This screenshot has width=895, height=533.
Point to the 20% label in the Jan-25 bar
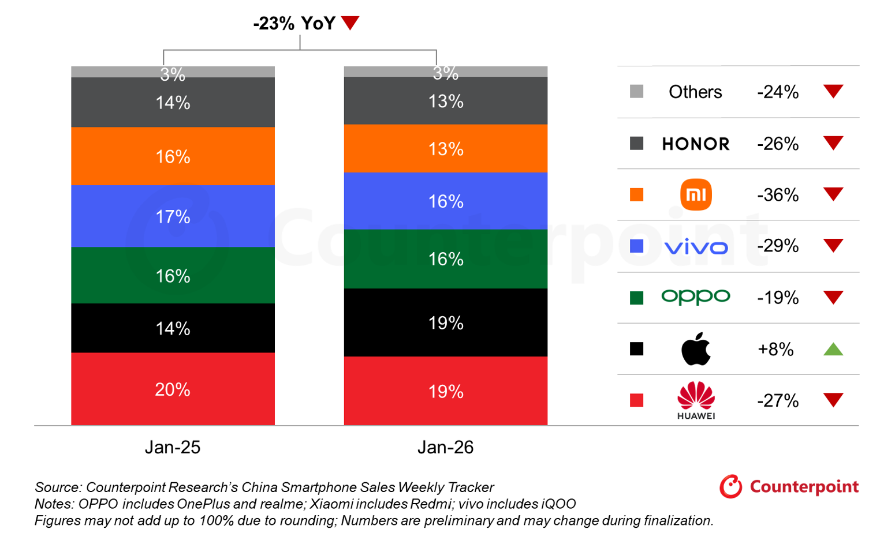pos(173,389)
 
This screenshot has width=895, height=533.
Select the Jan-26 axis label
pos(445,447)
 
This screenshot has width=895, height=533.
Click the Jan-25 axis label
pos(173,447)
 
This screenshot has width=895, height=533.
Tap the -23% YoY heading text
pos(294,23)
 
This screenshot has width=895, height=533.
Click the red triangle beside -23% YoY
pos(350,22)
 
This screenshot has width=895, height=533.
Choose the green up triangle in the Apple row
pos(833,349)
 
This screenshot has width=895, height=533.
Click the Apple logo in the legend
pos(696,348)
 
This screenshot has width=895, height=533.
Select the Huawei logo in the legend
pos(696,400)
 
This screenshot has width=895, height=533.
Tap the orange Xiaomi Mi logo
pos(696,194)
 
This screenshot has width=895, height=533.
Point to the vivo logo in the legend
pos(696,247)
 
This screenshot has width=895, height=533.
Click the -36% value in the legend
pos(778,195)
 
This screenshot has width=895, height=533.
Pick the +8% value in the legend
pos(775,349)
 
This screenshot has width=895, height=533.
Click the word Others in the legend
pos(695,92)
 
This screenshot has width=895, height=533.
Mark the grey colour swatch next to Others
pos(636,91)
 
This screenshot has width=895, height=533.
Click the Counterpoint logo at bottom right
pos(789,486)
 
